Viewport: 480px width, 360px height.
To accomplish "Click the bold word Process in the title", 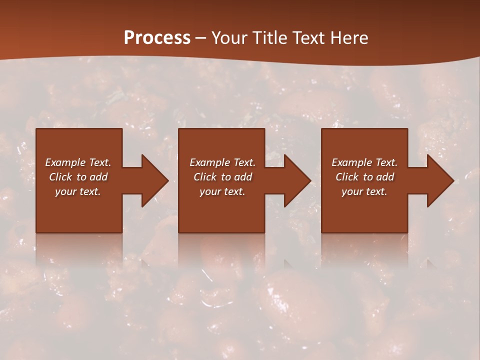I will [x=157, y=38].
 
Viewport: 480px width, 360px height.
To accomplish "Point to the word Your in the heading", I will [x=228, y=38].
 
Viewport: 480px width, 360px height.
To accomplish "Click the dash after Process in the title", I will [x=200, y=38].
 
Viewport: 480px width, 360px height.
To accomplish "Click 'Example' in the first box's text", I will [x=65, y=162].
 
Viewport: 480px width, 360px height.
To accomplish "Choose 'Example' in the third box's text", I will [x=352, y=162].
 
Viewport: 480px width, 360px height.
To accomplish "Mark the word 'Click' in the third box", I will [x=347, y=177].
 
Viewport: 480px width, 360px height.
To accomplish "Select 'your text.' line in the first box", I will [x=78, y=191].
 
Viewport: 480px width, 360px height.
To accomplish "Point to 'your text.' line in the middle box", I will [x=222, y=191].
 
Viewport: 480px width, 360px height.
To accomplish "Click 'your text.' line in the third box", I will [x=364, y=191].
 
